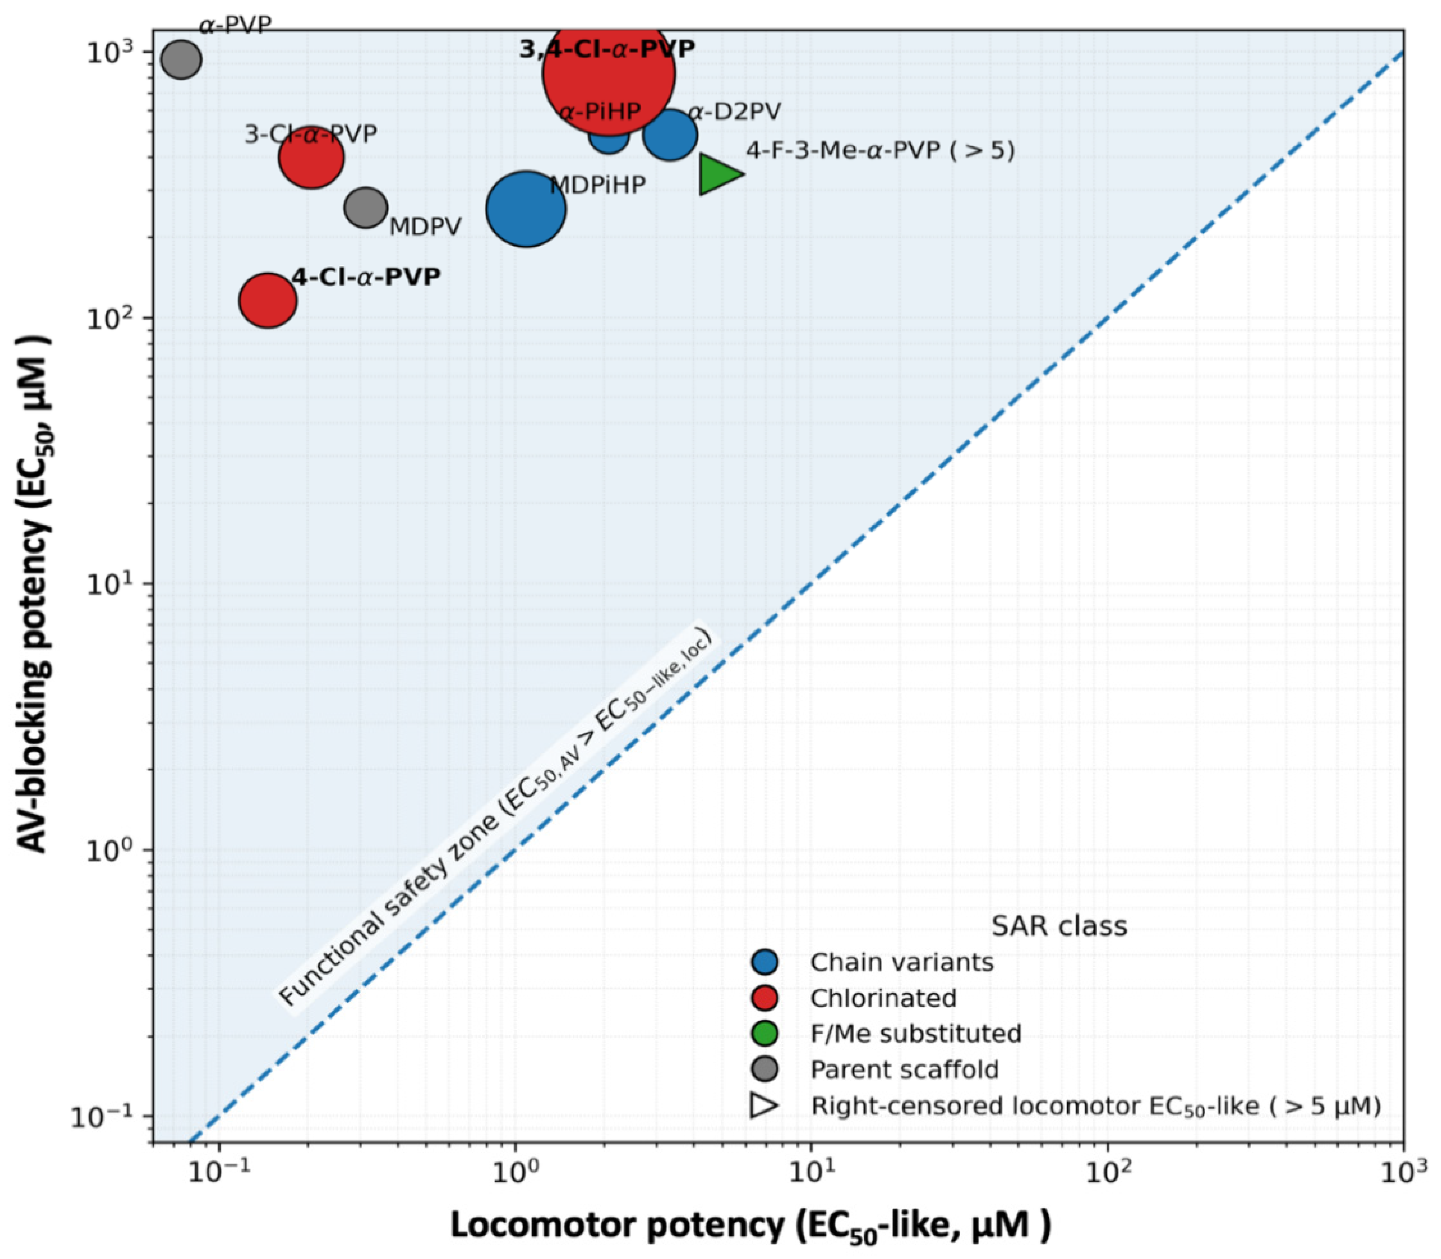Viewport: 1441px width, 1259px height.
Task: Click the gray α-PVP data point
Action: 181,60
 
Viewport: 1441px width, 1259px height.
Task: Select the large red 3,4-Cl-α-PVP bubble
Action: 608,73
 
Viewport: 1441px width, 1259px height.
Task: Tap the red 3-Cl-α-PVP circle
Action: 311,157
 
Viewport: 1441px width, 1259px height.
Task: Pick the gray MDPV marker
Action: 365,207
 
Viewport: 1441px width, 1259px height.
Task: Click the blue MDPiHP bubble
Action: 526,209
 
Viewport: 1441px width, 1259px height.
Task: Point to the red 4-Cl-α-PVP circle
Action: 268,300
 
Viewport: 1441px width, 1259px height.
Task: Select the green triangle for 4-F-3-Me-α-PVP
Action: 718,174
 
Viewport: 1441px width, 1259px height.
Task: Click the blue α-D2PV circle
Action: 670,135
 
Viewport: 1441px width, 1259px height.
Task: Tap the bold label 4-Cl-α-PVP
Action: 365,277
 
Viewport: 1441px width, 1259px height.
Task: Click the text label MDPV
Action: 425,227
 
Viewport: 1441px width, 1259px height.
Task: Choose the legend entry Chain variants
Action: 901,962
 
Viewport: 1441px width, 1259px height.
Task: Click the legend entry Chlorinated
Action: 883,998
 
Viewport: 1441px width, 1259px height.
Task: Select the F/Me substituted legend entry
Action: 915,1034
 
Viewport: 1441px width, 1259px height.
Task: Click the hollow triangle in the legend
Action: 764,1105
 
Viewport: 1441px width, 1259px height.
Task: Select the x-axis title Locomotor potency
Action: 750,1226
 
